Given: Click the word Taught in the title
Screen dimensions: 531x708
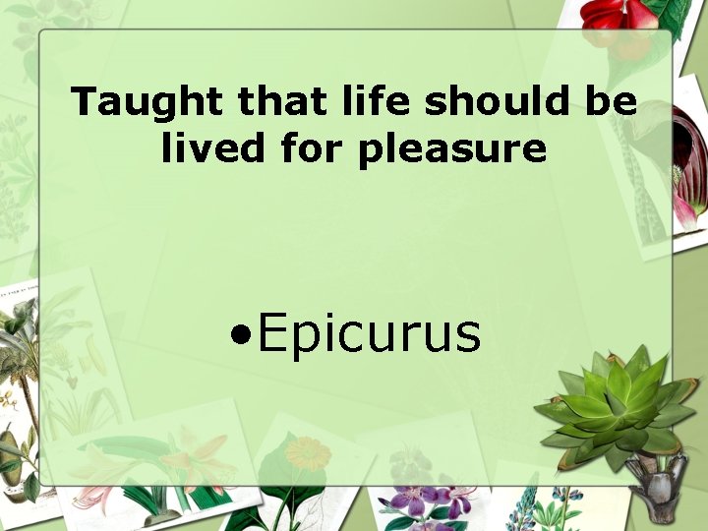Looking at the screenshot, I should tap(126, 102).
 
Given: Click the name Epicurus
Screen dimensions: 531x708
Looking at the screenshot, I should tap(370, 333).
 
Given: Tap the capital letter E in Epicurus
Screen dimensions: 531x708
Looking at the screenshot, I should tap(272, 332).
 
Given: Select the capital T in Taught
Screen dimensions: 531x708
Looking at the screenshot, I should tap(83, 102).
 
